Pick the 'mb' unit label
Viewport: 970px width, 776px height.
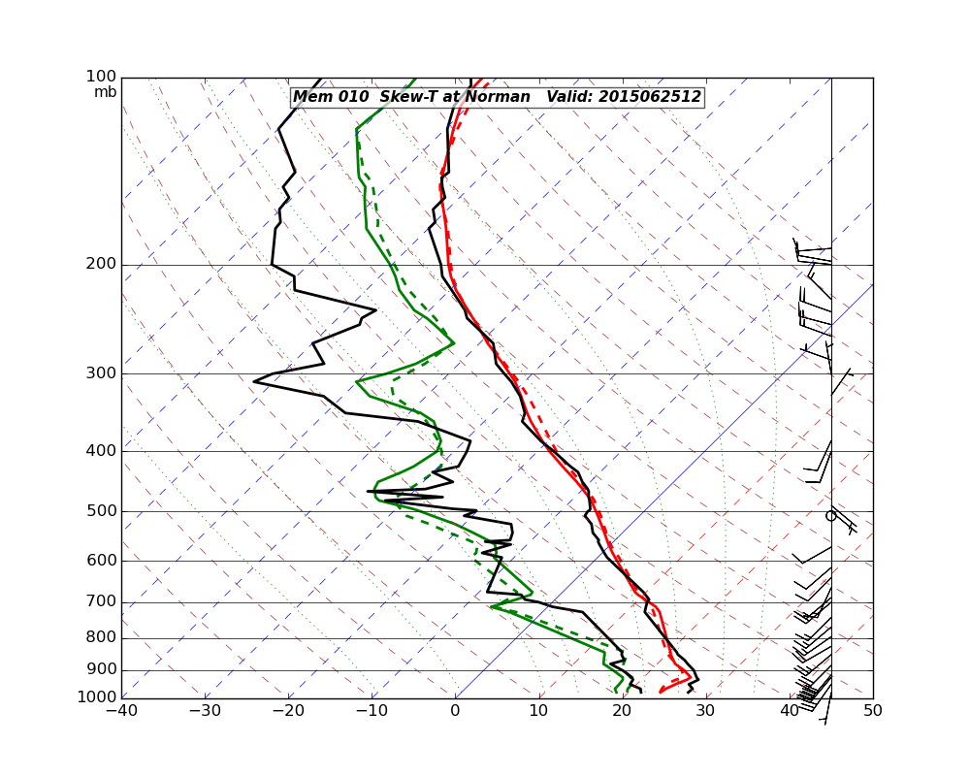(105, 92)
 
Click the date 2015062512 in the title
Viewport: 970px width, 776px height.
(649, 97)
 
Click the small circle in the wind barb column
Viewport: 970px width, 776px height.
(830, 516)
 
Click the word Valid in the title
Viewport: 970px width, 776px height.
(568, 97)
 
